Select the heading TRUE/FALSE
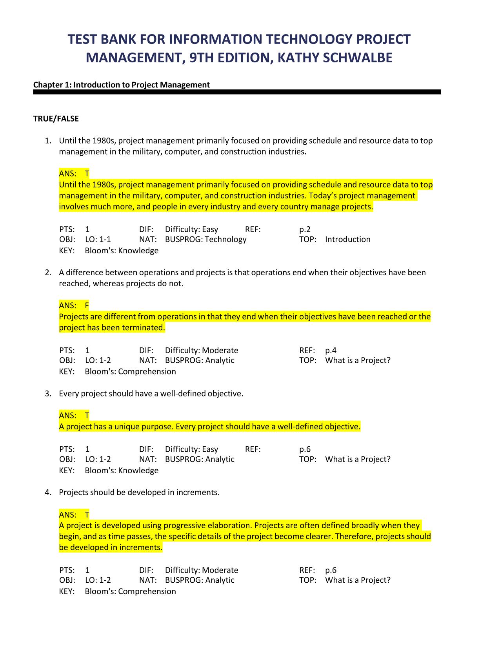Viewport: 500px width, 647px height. click(56, 119)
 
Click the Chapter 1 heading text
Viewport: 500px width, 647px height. click(122, 85)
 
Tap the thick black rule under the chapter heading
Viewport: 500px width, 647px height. click(237, 92)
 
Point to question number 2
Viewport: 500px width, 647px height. click(48, 273)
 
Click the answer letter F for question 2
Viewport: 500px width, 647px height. click(87, 305)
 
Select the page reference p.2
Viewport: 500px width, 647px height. click(305, 229)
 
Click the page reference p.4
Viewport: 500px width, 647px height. click(331, 350)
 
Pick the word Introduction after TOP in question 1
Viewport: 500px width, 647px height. click(347, 240)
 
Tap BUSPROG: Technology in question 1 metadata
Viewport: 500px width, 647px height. click(205, 240)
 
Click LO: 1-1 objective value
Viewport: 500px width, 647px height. click(98, 240)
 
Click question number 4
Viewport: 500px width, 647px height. click(48, 493)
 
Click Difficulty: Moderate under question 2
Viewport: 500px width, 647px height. click(202, 350)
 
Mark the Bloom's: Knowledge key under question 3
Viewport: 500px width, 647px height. click(122, 471)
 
